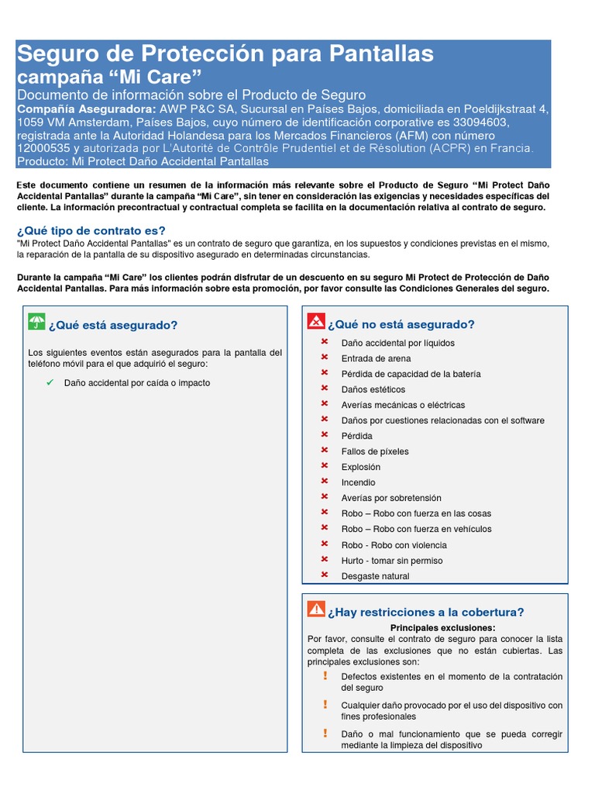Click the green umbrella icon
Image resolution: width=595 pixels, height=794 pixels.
click(36, 323)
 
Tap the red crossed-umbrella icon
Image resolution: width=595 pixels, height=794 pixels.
click(316, 322)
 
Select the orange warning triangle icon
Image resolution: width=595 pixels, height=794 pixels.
click(316, 609)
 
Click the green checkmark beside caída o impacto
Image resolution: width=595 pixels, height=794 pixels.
click(50, 383)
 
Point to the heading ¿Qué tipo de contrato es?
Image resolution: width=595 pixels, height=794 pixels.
click(91, 230)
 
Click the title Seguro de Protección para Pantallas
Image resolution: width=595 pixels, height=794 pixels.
click(225, 54)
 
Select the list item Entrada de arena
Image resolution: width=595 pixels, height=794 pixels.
click(376, 358)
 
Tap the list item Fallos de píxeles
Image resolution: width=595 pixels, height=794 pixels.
click(375, 451)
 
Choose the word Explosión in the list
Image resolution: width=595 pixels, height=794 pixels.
click(360, 467)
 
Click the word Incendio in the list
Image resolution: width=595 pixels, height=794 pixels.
click(358, 482)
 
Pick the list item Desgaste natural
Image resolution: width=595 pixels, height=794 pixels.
click(375, 576)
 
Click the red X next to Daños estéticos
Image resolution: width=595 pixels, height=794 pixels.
click(325, 388)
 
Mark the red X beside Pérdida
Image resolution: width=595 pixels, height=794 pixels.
click(325, 435)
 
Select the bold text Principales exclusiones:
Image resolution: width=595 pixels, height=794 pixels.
click(442, 627)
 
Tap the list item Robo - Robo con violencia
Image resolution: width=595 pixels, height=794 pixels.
click(393, 545)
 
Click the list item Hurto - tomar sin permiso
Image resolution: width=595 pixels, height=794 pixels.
click(393, 560)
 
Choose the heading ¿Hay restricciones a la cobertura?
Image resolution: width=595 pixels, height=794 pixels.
click(425, 612)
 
